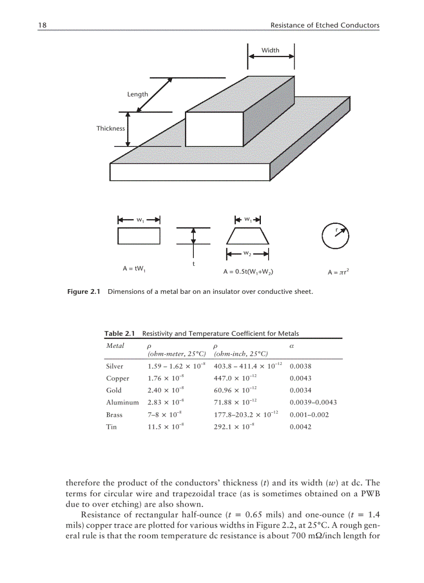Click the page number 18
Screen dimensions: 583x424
pyautogui.click(x=42, y=25)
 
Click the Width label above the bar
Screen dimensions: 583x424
pyautogui.click(x=270, y=50)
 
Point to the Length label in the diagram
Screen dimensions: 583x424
pyautogui.click(x=138, y=94)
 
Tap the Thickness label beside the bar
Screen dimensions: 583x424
pyautogui.click(x=111, y=128)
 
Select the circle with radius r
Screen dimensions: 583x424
pyautogui.click(x=335, y=236)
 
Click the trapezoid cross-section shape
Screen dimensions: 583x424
pyautogui.click(x=247, y=236)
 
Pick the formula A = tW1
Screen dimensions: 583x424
pyautogui.click(x=134, y=268)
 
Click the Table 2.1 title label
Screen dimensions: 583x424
pyautogui.click(x=121, y=333)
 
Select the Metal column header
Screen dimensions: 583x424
pyautogui.click(x=115, y=346)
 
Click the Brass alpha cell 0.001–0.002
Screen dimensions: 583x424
pyautogui.click(x=309, y=415)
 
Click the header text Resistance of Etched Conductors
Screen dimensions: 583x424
pyautogui.click(x=325, y=25)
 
